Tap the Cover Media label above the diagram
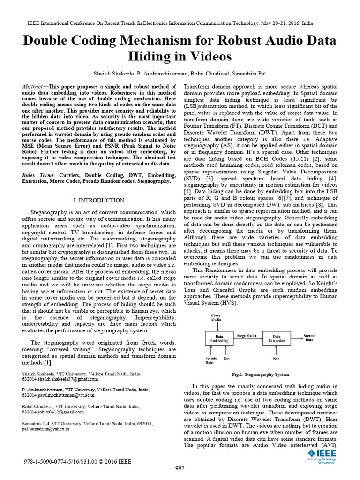pyautogui.click(x=216, y=318)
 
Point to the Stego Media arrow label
pyautogui.click(x=247, y=336)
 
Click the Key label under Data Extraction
pyautogui.click(x=276, y=358)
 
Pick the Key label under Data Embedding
pyautogui.click(x=226, y=358)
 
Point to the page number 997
pyautogui.click(x=180, y=468)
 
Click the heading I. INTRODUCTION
pyautogui.click(x=99, y=200)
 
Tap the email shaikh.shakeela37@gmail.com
pyautogui.click(x=68, y=379)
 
